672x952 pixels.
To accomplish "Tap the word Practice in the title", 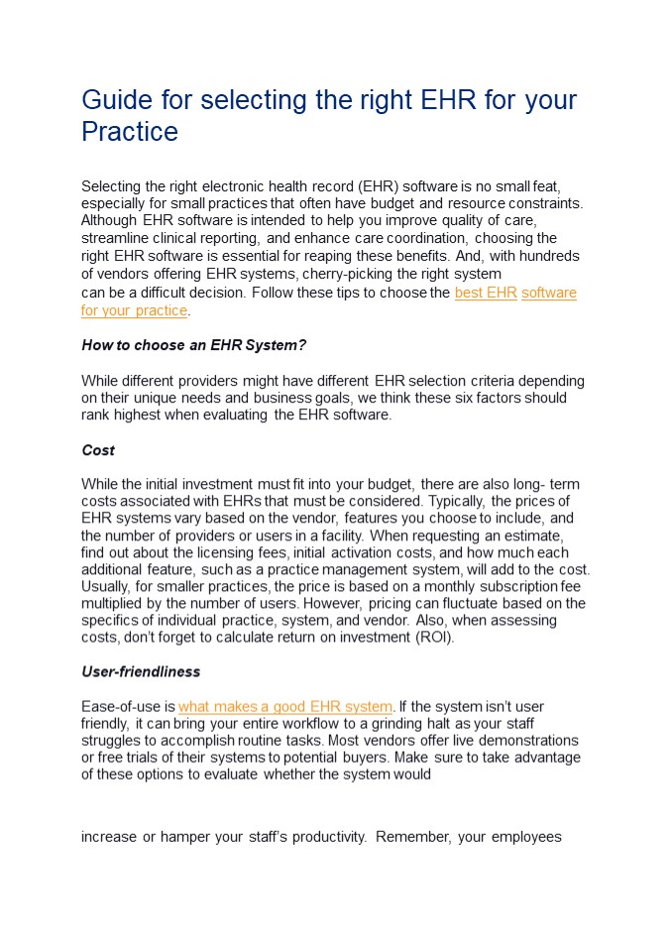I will [129, 132].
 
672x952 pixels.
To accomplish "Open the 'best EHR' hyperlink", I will [486, 294].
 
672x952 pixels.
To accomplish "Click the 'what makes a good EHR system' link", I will [285, 707].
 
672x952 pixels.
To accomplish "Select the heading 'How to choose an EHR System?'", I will [193, 345].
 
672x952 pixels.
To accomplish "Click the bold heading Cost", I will [98, 450].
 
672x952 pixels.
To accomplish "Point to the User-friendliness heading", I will [141, 671].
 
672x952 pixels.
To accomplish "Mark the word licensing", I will [258, 552].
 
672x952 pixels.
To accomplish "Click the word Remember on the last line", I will [412, 837].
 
